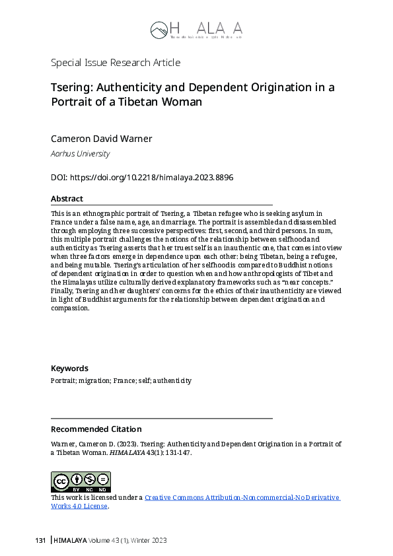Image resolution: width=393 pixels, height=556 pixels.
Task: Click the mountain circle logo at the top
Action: tap(159, 29)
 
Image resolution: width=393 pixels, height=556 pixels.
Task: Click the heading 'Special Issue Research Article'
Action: tap(116, 63)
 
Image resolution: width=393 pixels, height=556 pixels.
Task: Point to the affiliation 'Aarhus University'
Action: tap(80, 154)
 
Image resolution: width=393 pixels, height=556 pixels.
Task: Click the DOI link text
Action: tap(151, 178)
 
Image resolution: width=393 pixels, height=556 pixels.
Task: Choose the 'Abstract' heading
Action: tap(67, 199)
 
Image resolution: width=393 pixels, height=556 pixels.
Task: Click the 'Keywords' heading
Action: tap(69, 368)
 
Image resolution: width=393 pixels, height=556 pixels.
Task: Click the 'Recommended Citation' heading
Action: tap(96, 429)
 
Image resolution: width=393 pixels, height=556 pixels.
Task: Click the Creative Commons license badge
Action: tap(81, 482)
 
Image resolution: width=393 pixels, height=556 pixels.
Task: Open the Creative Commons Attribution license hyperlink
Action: tap(242, 497)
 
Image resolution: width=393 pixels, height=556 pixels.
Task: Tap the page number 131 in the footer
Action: tap(40, 540)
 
